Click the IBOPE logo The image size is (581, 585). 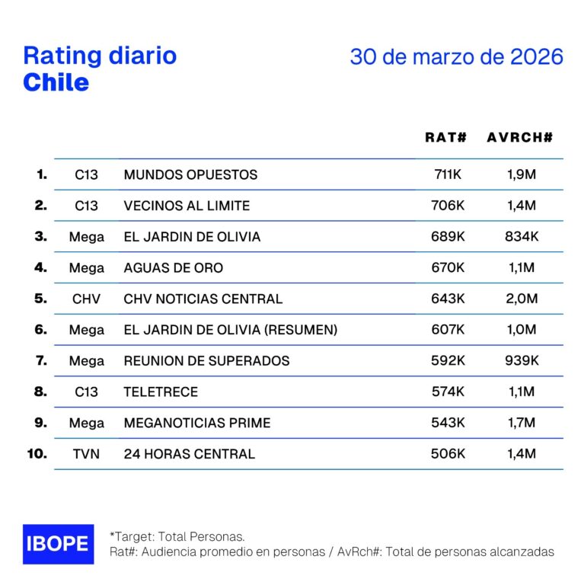(59, 544)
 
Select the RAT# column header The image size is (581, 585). (445, 137)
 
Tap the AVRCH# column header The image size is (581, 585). (519, 137)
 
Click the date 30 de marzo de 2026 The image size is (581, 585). (456, 57)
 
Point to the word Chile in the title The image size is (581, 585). (56, 82)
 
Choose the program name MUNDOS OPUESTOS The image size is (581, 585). (190, 174)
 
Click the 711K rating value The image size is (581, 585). (448, 174)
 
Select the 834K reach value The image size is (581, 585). (522, 237)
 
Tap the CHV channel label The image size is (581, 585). (86, 299)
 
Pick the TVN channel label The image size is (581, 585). (86, 454)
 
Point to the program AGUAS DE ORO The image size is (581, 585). (173, 268)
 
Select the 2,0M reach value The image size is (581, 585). (522, 299)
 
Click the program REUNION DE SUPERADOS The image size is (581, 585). (206, 361)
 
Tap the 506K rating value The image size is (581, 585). (448, 454)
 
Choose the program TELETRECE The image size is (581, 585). (161, 392)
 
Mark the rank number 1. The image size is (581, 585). (41, 174)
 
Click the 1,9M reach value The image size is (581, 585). (522, 174)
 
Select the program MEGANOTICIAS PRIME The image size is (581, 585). (196, 423)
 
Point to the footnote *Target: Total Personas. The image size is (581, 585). (177, 536)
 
